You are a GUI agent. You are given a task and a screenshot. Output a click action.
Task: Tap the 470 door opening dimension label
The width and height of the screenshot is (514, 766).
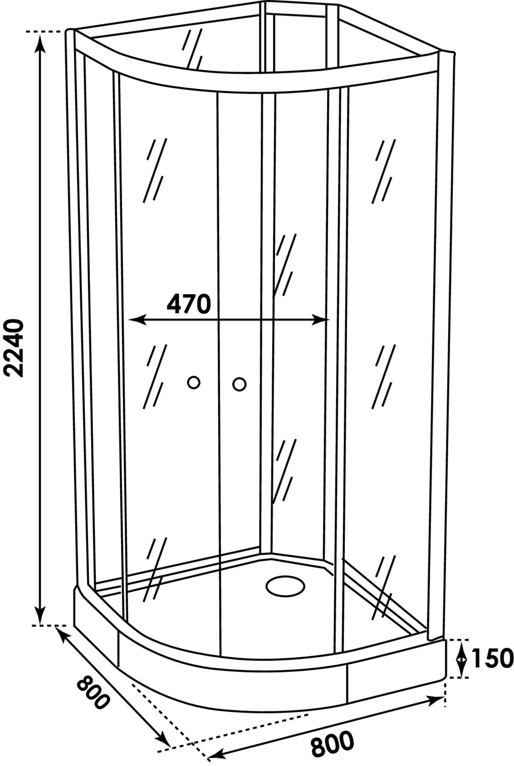point(189,304)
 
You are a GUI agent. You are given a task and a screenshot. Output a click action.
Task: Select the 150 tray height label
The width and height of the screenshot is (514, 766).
point(491,658)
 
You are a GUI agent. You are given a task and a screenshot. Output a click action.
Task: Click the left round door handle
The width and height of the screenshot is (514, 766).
point(194,382)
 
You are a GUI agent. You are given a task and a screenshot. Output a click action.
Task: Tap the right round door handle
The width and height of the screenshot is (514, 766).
point(240,384)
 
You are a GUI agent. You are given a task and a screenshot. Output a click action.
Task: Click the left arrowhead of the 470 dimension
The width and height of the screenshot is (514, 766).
point(136,319)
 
